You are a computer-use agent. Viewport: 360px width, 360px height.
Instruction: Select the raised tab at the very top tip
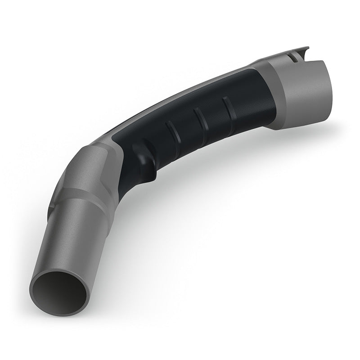[304, 49]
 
